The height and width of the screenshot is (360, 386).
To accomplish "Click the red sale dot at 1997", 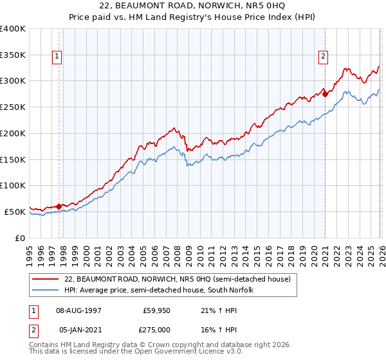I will tap(59, 206).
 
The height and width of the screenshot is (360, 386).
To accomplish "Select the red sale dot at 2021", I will tap(325, 94).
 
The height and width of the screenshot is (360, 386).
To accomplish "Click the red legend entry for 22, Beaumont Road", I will tap(178, 279).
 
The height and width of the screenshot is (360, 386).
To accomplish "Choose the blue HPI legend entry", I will tap(160, 290).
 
